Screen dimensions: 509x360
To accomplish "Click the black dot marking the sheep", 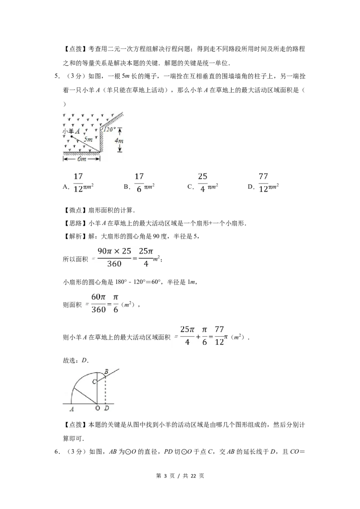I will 71,136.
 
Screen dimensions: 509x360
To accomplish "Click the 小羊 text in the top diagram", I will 68,131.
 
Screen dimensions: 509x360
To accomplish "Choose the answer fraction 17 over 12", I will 78,183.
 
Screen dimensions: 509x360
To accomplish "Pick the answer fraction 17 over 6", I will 139,183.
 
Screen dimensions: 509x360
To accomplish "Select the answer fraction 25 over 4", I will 202,183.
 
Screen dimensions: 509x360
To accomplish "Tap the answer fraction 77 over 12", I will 263,183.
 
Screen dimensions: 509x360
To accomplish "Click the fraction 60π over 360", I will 98,304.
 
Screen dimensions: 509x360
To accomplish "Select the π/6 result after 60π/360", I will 116,304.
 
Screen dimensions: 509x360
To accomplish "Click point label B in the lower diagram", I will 106,371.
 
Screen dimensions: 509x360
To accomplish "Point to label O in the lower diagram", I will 97,408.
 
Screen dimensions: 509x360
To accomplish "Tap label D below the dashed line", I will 106,408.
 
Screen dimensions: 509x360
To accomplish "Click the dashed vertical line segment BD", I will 105,390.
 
